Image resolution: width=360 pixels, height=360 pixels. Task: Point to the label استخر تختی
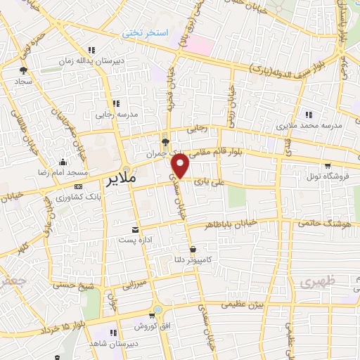142,32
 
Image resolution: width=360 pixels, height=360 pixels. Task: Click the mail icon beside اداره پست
136,230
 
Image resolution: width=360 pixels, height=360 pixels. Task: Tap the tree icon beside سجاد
23,70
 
